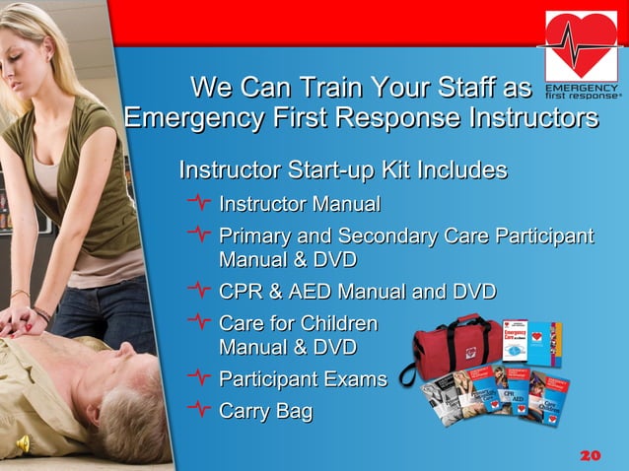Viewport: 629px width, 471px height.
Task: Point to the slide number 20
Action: [590, 455]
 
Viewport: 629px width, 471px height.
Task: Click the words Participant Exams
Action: [302, 378]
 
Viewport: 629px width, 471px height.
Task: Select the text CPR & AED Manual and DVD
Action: [357, 292]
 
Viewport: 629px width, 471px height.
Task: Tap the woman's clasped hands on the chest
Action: [20, 320]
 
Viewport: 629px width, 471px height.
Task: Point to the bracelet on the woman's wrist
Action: [20, 294]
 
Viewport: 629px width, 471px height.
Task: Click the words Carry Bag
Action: [265, 410]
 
